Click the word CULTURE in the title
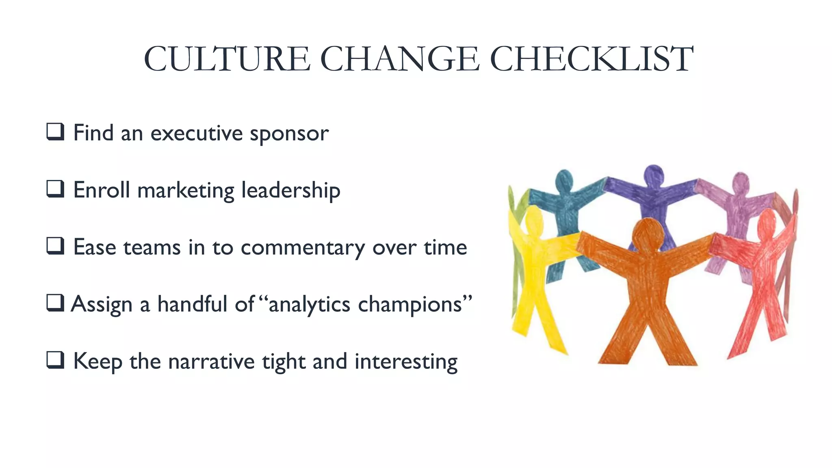tap(227, 59)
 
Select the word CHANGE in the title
tap(400, 59)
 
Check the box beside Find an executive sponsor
tap(55, 132)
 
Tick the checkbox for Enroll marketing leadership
tap(55, 189)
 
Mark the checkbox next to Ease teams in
tap(55, 246)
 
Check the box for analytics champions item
tap(55, 303)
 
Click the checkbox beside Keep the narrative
tap(55, 360)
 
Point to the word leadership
tap(290, 191)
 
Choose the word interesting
tap(406, 362)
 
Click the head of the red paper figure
tap(767, 223)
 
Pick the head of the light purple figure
tap(740, 183)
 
